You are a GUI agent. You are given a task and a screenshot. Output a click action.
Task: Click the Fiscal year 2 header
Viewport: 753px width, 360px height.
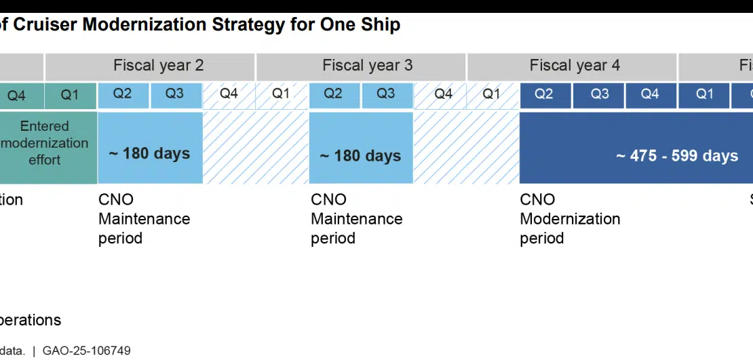(159, 66)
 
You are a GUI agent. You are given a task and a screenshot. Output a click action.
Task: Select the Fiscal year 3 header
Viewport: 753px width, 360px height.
(368, 66)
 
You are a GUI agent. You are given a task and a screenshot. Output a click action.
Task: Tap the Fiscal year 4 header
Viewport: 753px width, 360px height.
(575, 66)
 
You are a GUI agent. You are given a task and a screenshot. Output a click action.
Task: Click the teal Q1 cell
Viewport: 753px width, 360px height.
(71, 96)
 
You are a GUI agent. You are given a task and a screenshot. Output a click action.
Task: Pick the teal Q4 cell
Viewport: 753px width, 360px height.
(16, 96)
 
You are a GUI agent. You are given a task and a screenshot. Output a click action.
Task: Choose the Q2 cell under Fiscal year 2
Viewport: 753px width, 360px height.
(123, 94)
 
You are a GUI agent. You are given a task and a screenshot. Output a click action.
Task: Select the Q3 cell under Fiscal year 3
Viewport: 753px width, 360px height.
(386, 94)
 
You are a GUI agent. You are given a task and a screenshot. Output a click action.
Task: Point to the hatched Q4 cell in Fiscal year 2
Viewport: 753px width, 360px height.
(229, 94)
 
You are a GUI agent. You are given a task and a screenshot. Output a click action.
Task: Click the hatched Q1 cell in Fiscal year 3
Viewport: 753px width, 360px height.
(282, 94)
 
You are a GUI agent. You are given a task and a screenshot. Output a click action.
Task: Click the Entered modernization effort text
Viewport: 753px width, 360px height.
(45, 143)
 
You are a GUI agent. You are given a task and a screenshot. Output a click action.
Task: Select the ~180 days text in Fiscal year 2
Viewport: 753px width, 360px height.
(150, 153)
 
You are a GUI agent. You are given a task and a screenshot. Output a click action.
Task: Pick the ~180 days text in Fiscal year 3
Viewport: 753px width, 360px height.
(361, 156)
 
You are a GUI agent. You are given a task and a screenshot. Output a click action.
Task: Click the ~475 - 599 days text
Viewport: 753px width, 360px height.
(677, 156)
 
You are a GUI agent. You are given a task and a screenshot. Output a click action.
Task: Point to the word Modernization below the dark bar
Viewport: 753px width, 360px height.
(570, 219)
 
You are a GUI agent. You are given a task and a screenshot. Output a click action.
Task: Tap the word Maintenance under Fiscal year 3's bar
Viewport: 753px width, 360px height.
(357, 219)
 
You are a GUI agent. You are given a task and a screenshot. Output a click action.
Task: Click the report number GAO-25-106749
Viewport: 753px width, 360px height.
(87, 351)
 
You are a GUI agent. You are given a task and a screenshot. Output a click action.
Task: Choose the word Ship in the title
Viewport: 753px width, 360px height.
(381, 25)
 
